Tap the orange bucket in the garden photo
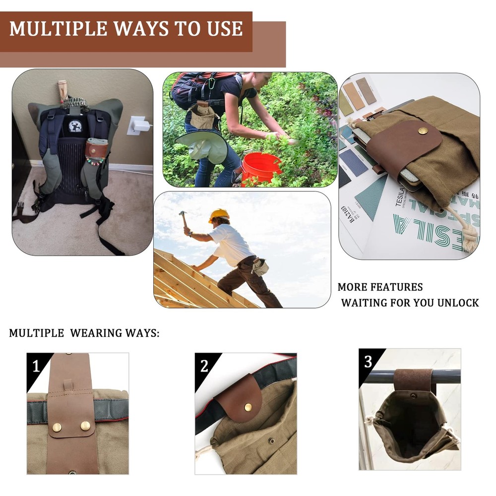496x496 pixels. click(x=261, y=167)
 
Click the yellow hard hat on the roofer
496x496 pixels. click(x=219, y=215)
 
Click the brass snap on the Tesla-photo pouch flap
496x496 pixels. click(x=423, y=130)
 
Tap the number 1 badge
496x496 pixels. click(x=36, y=367)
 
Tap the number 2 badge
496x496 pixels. click(x=204, y=366)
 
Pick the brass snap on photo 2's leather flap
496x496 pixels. click(x=248, y=407)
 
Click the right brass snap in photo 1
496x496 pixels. click(x=85, y=426)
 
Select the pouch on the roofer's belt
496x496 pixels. click(x=260, y=267)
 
